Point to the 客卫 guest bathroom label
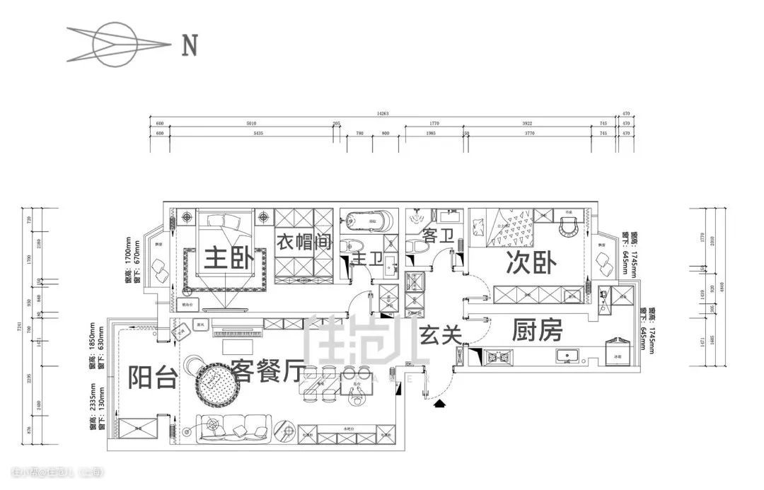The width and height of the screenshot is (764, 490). [436, 235]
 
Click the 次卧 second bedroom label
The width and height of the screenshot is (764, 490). [531, 263]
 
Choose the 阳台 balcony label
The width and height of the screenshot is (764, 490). [152, 378]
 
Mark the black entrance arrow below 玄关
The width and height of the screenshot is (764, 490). [439, 404]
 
